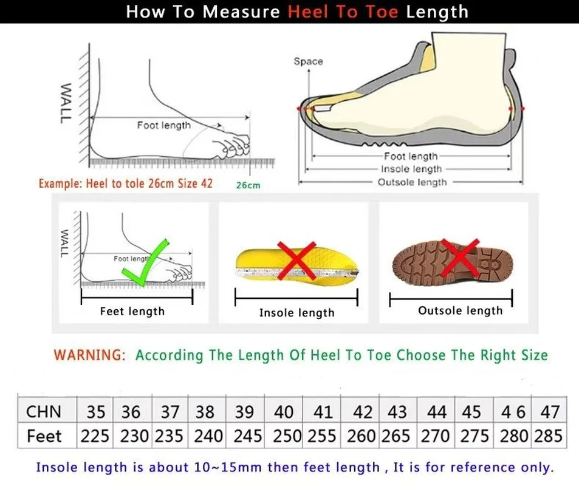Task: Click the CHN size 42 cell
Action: click(363, 412)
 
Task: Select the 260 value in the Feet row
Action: click(362, 436)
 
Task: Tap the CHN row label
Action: click(44, 412)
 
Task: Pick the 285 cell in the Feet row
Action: click(550, 436)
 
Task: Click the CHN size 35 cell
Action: click(96, 412)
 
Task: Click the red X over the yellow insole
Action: click(297, 259)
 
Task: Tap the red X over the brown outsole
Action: click(460, 257)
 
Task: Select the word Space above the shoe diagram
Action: click(308, 61)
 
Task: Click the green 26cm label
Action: click(248, 185)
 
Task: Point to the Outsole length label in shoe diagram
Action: click(412, 182)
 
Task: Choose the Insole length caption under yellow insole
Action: click(296, 313)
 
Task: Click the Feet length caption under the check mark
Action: click(132, 312)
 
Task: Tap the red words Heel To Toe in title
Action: click(343, 12)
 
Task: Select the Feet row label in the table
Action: click(44, 436)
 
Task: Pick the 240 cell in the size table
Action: click(205, 436)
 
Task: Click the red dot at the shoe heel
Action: click(522, 108)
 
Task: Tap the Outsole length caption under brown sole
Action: click(460, 311)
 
